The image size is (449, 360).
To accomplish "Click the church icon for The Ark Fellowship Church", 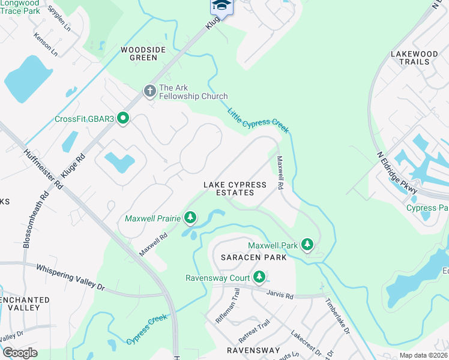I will (149, 91).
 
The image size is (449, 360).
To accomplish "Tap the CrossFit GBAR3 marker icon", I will (123, 118).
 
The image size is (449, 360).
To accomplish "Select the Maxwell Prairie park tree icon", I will (190, 217).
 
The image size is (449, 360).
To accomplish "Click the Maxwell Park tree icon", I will (307, 244).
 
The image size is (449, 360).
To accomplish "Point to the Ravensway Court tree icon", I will (259, 277).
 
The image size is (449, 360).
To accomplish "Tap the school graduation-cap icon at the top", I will (221, 6).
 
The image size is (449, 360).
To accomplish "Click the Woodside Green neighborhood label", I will (139, 54).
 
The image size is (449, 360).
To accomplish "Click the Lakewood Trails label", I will (414, 58).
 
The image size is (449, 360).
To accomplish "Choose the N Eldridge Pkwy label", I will (397, 172).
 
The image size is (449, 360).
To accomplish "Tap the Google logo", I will (19, 353).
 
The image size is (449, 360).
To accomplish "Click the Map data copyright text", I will (423, 355).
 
